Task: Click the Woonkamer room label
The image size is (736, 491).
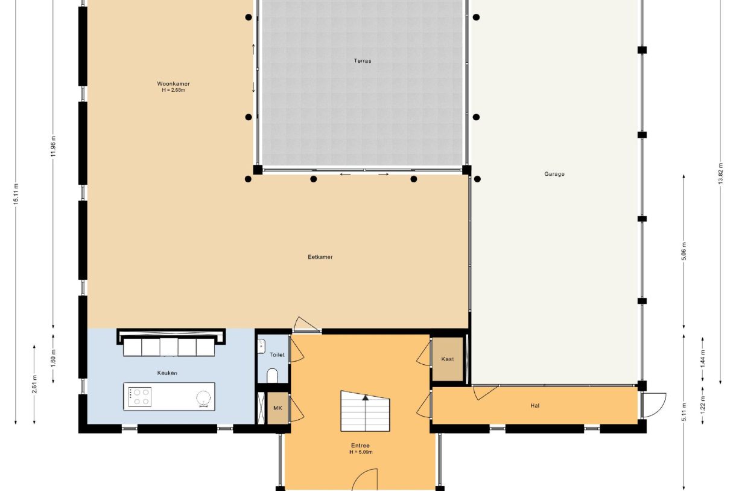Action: click(x=173, y=83)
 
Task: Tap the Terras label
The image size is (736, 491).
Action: click(x=363, y=61)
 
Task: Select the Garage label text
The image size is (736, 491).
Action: click(x=554, y=174)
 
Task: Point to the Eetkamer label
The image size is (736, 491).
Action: click(x=320, y=257)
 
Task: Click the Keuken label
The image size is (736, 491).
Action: click(x=167, y=373)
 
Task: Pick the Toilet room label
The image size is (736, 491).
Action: click(x=277, y=355)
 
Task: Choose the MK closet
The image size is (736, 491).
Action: click(x=278, y=408)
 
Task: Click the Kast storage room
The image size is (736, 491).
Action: click(x=448, y=359)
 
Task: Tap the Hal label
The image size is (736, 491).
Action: click(x=535, y=406)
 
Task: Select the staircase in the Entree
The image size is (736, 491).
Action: click(x=365, y=411)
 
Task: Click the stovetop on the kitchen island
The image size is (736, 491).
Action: click(x=139, y=397)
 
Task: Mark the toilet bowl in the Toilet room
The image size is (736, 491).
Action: click(x=272, y=376)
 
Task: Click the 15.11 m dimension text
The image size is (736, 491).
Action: click(x=16, y=194)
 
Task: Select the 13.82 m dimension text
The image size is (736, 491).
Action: click(x=720, y=173)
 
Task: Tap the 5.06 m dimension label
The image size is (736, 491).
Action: click(x=684, y=251)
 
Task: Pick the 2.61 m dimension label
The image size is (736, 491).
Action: click(x=34, y=383)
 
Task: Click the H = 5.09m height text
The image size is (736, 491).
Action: click(x=361, y=452)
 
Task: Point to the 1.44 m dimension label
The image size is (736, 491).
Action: click(x=702, y=359)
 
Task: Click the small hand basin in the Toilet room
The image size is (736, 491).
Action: click(x=261, y=346)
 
